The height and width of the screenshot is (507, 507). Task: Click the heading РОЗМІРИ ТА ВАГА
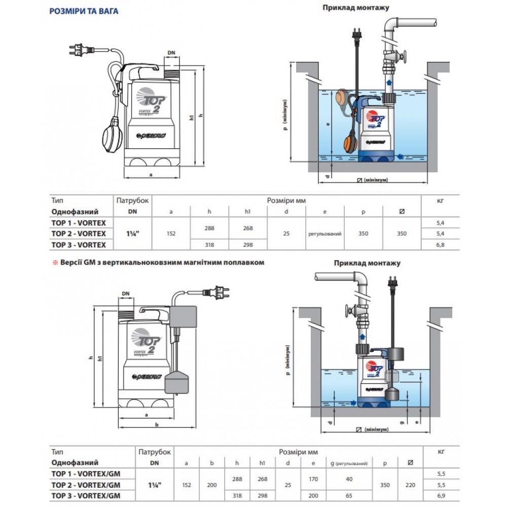84,11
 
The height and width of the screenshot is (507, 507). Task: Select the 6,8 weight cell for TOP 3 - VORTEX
440,245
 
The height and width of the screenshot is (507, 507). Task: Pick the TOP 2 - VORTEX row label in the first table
79,234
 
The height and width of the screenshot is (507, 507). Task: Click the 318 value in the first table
209,245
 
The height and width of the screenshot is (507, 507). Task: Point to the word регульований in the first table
324,234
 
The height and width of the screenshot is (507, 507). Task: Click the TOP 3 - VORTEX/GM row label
87,495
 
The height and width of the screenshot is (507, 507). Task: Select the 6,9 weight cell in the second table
441,495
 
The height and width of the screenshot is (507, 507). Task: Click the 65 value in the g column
348,495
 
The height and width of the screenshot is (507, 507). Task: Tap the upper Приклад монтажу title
356,8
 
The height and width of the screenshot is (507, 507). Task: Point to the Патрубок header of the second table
155,452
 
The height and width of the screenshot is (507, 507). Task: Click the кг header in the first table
440,201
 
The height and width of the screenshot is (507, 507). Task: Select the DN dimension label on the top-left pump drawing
171,53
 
